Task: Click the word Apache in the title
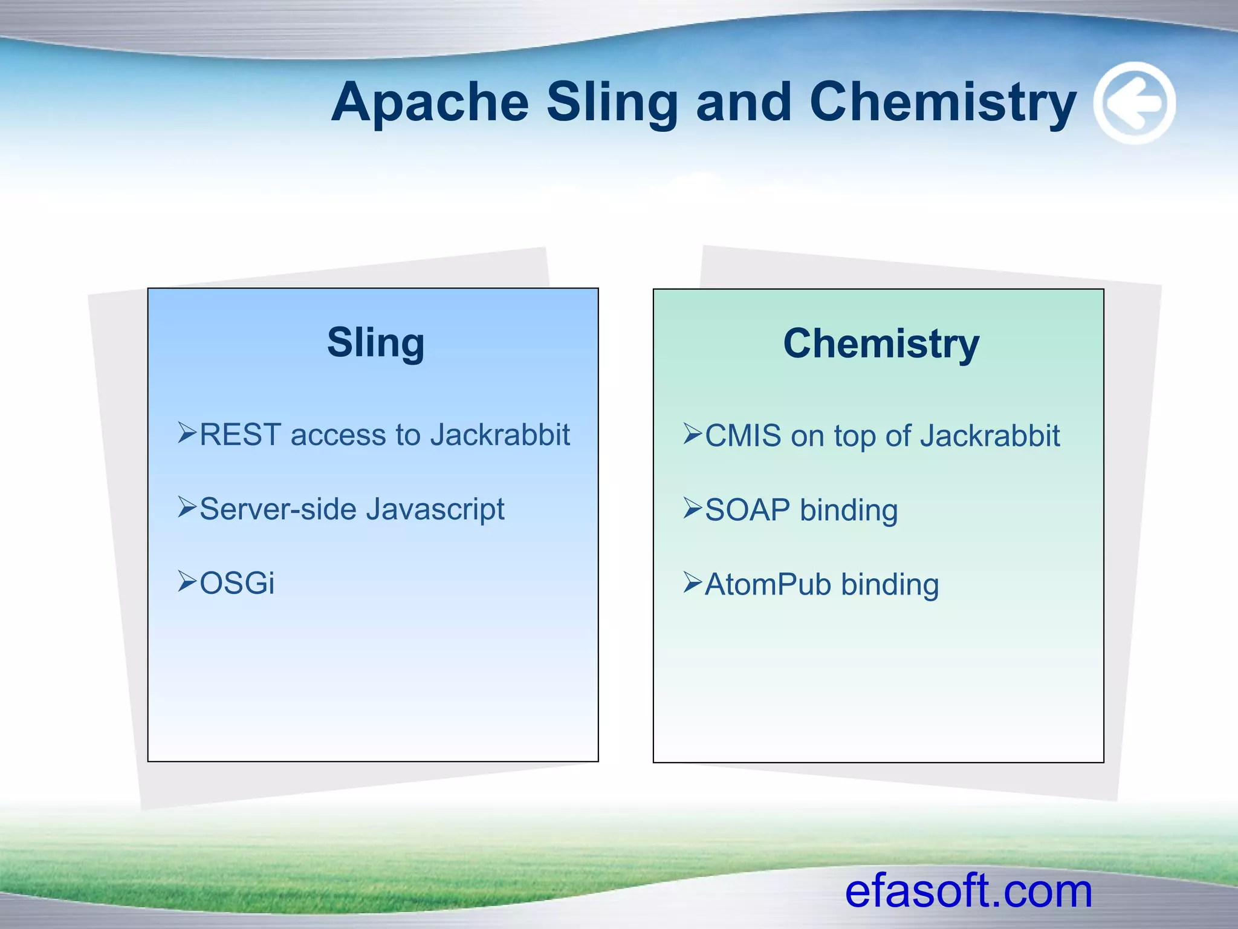pyautogui.click(x=430, y=103)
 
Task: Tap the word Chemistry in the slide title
pyautogui.click(x=943, y=103)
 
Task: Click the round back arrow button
pyautogui.click(x=1135, y=103)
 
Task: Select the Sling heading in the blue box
pyautogui.click(x=375, y=342)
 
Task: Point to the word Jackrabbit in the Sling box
pyautogui.click(x=500, y=435)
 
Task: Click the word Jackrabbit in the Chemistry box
pyautogui.click(x=990, y=436)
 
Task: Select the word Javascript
pyautogui.click(x=435, y=509)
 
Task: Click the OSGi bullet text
pyautogui.click(x=237, y=584)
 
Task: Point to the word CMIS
pyautogui.click(x=743, y=436)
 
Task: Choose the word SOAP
pyautogui.click(x=748, y=510)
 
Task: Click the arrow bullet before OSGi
pyautogui.click(x=187, y=581)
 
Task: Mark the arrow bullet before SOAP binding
pyautogui.click(x=693, y=508)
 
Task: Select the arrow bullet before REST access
pyautogui.click(x=187, y=433)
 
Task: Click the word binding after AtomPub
pyautogui.click(x=890, y=585)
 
